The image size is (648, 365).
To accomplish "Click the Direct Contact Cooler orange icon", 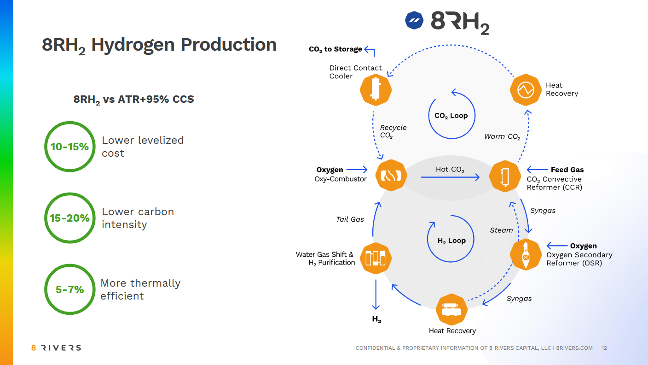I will [376, 89].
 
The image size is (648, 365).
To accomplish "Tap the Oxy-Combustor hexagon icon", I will [391, 175].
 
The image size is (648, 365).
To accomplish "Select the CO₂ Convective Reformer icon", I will [505, 175].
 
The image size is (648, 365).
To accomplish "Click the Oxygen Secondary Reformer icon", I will [525, 254].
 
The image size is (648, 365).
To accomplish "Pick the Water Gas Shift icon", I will [376, 258].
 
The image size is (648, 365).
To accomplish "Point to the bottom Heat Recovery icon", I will [451, 309].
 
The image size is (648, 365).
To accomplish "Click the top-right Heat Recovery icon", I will [525, 89].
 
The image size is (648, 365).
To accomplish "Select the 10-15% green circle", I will [70, 147].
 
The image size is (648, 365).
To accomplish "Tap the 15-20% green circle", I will [70, 218].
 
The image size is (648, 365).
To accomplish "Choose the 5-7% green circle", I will [70, 289].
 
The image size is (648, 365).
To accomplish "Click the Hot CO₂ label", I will [450, 170].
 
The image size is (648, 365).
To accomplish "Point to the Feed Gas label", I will [567, 170].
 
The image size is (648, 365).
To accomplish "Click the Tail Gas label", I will [350, 219].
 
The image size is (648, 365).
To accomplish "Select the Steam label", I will [501, 230].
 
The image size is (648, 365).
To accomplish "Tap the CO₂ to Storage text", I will [336, 49].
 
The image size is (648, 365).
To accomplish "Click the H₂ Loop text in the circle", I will [451, 241].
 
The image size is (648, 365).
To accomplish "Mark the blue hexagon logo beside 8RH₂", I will [414, 20].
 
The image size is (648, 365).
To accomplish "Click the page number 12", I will [604, 348].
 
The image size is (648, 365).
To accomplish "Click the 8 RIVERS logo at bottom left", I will [56, 348].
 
